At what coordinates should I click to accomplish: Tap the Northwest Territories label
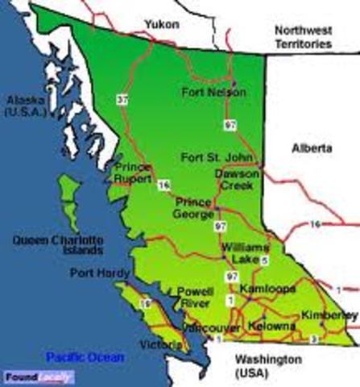pyautogui.click(x=302, y=38)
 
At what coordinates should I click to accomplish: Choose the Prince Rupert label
pyautogui.click(x=134, y=172)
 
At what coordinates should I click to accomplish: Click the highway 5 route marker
pyautogui.click(x=263, y=260)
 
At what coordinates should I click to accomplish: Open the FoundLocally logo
pyautogui.click(x=38, y=377)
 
